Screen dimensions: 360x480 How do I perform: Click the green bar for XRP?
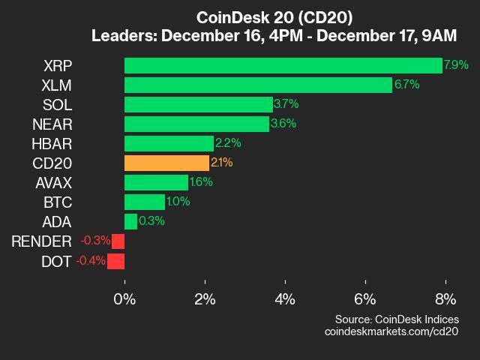(283, 65)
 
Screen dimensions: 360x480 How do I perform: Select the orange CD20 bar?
(166, 163)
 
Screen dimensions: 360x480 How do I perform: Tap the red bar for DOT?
(115, 261)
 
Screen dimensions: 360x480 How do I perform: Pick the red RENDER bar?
(118, 241)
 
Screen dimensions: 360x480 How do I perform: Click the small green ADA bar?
(130, 221)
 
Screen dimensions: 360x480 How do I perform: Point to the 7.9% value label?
(456, 65)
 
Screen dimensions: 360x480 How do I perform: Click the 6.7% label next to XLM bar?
(406, 85)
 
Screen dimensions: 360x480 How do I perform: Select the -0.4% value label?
(91, 261)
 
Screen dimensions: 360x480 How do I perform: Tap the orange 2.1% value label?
(222, 163)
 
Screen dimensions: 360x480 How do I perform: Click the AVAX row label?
(53, 182)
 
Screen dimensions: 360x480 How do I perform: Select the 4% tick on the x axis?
(285, 298)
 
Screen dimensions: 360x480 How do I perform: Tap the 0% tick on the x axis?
(124, 298)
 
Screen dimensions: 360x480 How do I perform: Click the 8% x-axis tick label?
(445, 298)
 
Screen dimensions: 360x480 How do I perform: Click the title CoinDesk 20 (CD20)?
(274, 16)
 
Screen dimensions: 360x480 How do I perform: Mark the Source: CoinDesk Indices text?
(397, 319)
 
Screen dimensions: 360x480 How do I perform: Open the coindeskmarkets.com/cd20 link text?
(391, 331)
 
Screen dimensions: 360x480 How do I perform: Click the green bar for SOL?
(198, 104)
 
